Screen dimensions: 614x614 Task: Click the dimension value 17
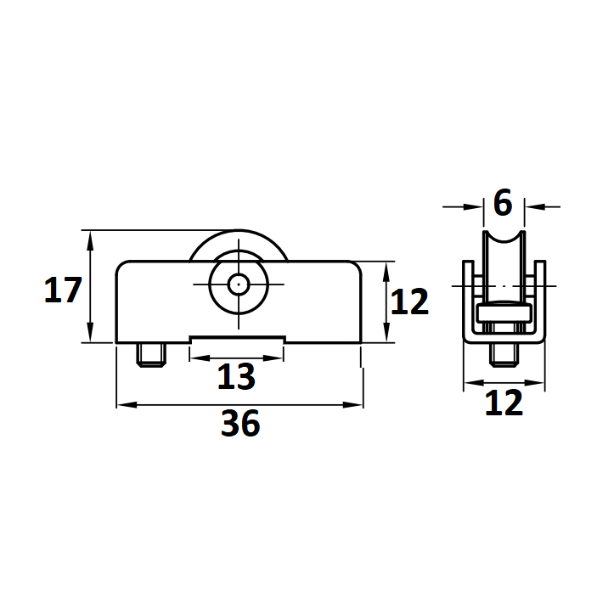[x=63, y=290]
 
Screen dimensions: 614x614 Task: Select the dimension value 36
[x=240, y=423]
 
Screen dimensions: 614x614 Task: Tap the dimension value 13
[x=236, y=376]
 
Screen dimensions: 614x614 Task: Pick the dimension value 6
[x=503, y=202]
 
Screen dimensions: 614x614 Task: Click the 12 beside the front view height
[x=409, y=301]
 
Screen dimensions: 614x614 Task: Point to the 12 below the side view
[x=504, y=403]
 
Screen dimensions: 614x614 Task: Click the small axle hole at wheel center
[x=239, y=284]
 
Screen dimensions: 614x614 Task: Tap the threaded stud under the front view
[x=151, y=355]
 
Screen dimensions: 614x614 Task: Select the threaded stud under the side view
[x=504, y=355]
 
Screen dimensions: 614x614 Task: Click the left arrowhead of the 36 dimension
[x=127, y=404]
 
